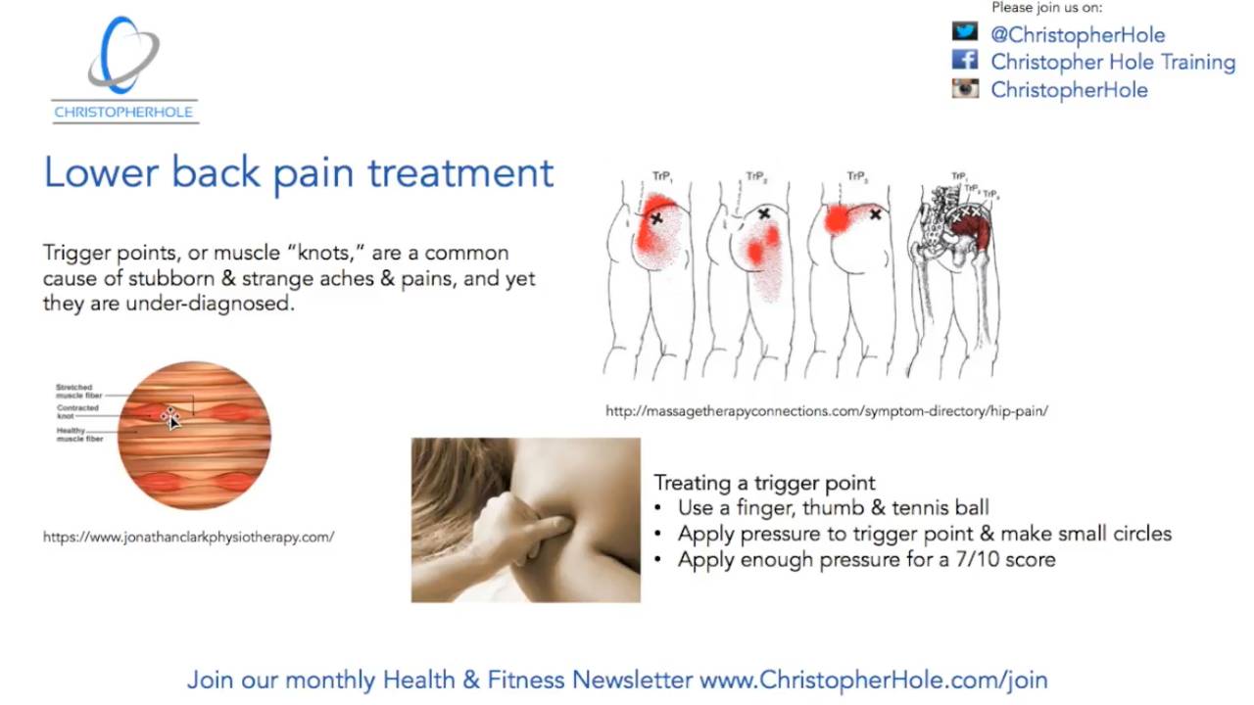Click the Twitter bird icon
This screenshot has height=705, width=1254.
coord(965,32)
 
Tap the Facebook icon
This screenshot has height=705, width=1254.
coord(965,60)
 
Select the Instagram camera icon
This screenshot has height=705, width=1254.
coord(965,88)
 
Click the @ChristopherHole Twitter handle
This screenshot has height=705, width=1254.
coord(1078,35)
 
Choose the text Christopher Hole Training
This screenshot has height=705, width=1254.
coord(1113,62)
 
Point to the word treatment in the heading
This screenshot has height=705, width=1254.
coord(460,173)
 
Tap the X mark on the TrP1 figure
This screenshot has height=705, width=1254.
coord(656,218)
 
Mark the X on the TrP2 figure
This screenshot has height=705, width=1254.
coord(763,213)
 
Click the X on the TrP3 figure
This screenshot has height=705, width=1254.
coord(875,213)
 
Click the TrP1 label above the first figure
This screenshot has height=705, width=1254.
coord(662,177)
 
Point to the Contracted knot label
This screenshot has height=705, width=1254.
coord(77,412)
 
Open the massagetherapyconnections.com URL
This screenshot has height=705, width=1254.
coord(826,411)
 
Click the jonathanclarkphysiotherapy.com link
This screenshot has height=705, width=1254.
coord(188,537)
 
